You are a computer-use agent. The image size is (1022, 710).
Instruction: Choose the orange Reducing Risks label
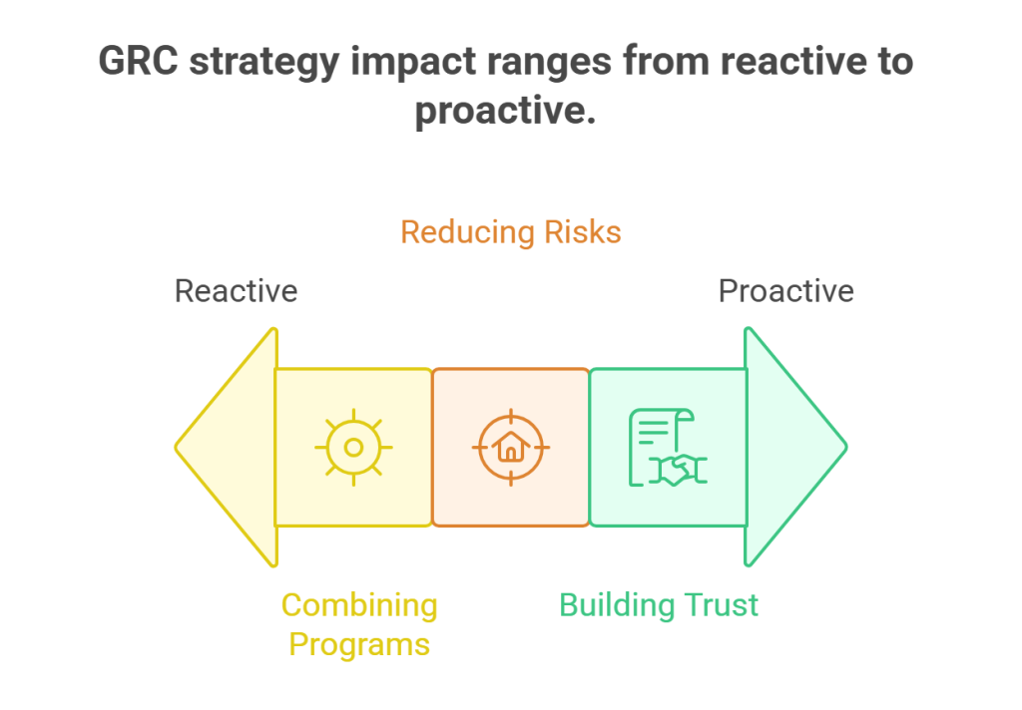pos(510,232)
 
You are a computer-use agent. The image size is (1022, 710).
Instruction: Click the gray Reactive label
pos(236,291)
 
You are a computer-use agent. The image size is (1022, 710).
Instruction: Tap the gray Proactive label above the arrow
pos(786,291)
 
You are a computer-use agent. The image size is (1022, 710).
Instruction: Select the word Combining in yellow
pos(359,605)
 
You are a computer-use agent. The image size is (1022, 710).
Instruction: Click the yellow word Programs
pos(359,644)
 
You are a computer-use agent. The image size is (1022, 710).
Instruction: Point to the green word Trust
pos(721,605)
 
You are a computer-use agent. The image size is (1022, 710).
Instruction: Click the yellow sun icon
pos(353,447)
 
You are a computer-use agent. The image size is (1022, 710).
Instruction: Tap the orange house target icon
pos(510,447)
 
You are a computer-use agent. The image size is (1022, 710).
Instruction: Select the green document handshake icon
pos(667,447)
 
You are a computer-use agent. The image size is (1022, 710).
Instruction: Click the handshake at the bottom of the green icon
pos(679,471)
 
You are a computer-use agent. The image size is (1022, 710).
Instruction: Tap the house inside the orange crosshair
pos(510,448)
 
